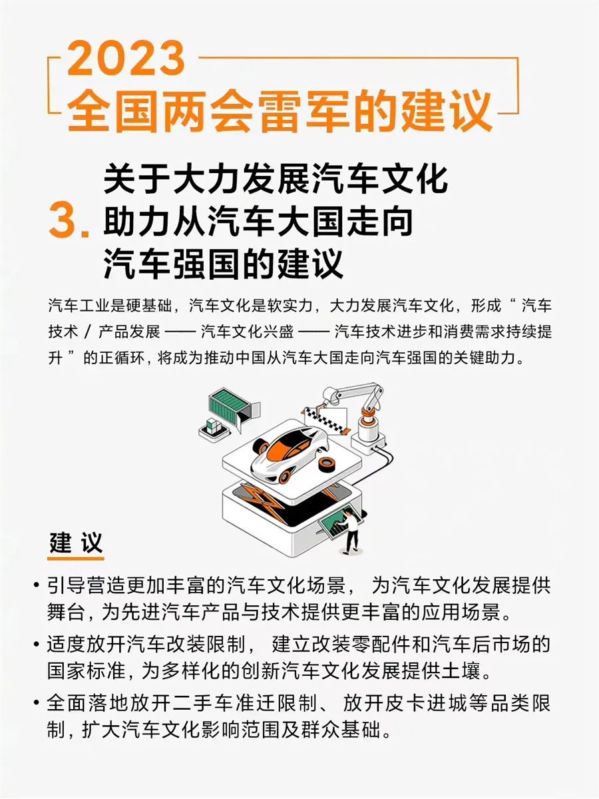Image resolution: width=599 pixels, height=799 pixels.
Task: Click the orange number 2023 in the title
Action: (126, 58)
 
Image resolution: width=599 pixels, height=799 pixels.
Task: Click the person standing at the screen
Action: (350, 531)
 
